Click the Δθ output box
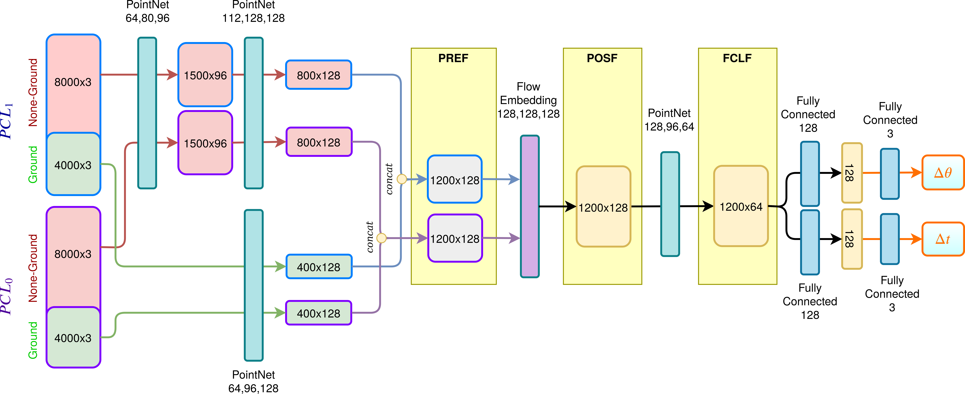point(943,173)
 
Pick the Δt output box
point(943,239)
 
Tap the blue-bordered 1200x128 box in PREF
point(454,180)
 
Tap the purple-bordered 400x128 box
point(318,313)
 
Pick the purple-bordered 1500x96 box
point(205,143)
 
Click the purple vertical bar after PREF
point(530,206)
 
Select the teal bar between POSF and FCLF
point(670,204)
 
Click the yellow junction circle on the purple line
point(381,238)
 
